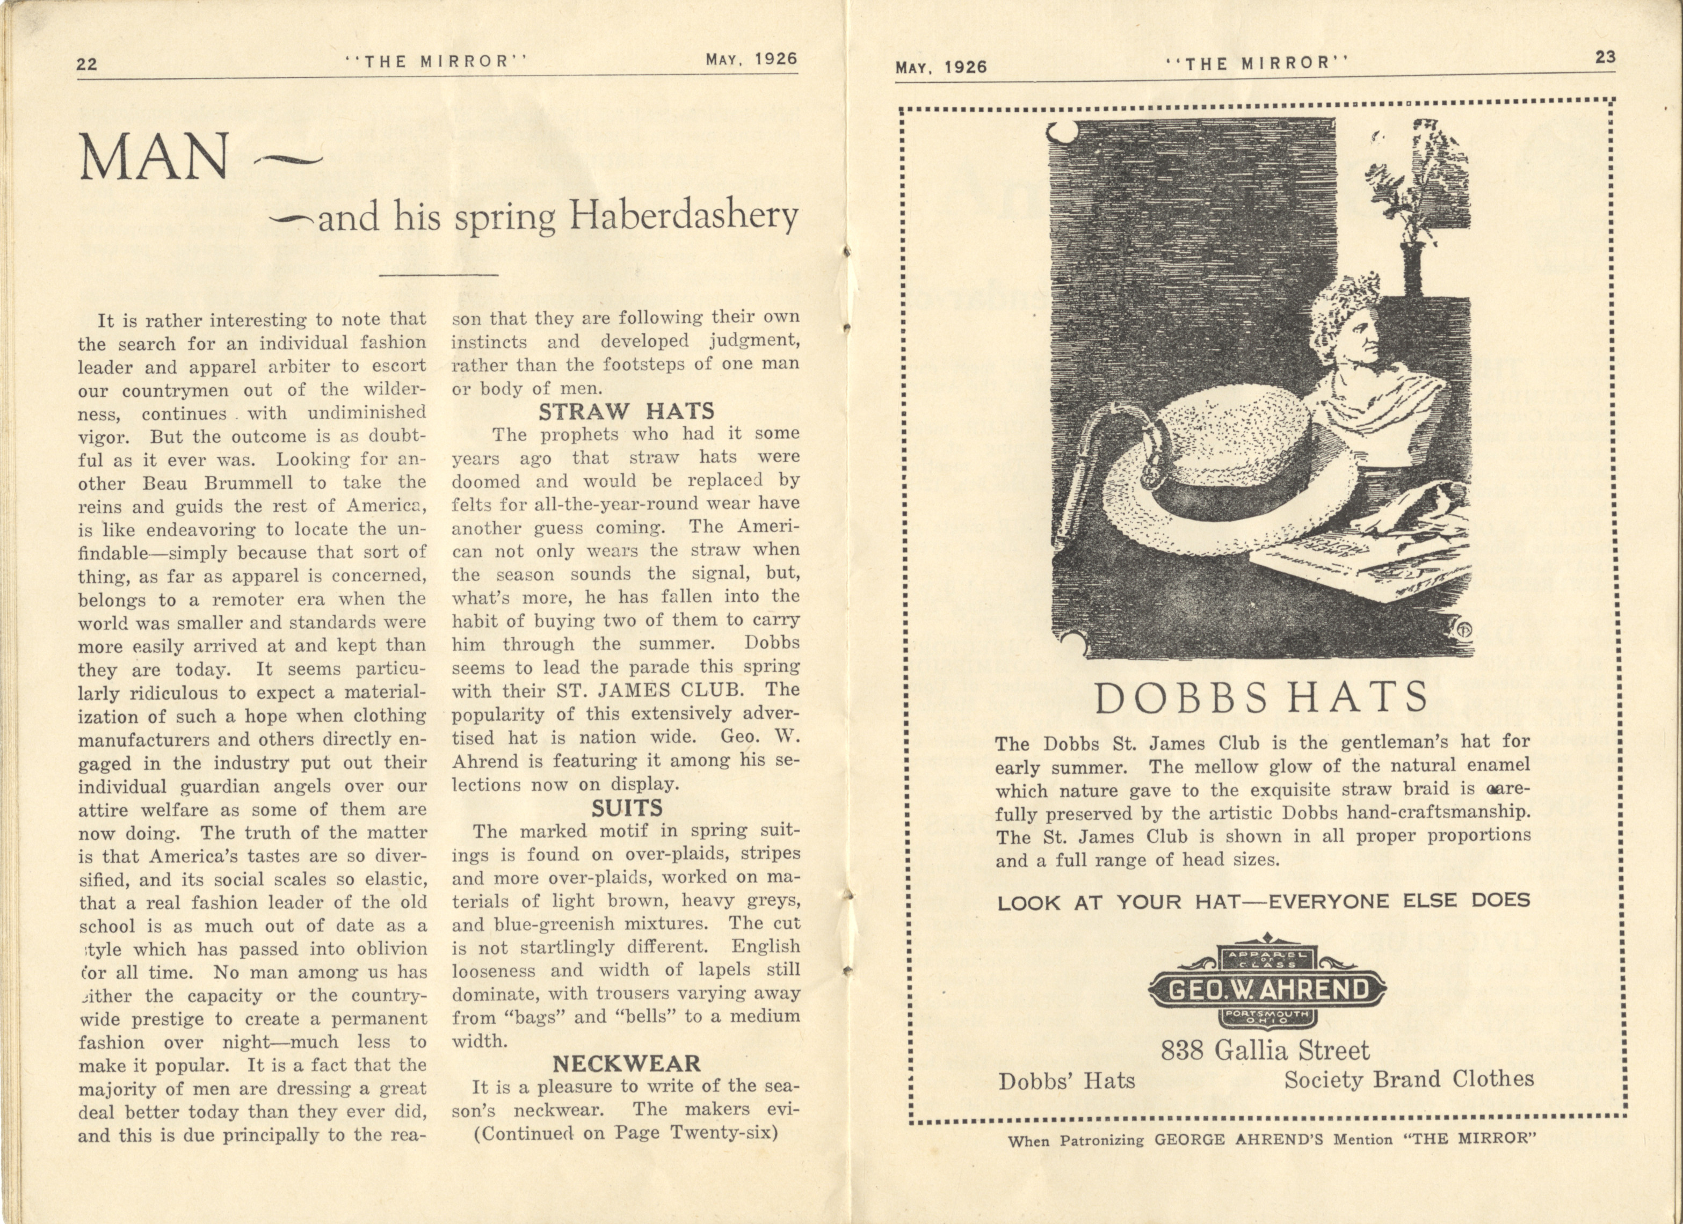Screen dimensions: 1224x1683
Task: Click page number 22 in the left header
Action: coord(87,64)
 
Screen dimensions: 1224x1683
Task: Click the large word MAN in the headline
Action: coord(154,158)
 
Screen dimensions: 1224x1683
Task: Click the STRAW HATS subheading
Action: coord(626,412)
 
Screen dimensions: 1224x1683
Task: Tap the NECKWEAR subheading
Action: coord(626,1064)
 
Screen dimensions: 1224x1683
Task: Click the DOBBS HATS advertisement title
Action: coord(1261,698)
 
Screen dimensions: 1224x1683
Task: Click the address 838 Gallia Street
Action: coord(1265,1051)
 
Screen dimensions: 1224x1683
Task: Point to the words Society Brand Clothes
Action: coord(1409,1080)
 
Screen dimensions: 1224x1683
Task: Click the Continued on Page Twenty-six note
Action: coord(626,1133)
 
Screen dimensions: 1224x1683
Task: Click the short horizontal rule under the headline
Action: coord(438,275)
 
